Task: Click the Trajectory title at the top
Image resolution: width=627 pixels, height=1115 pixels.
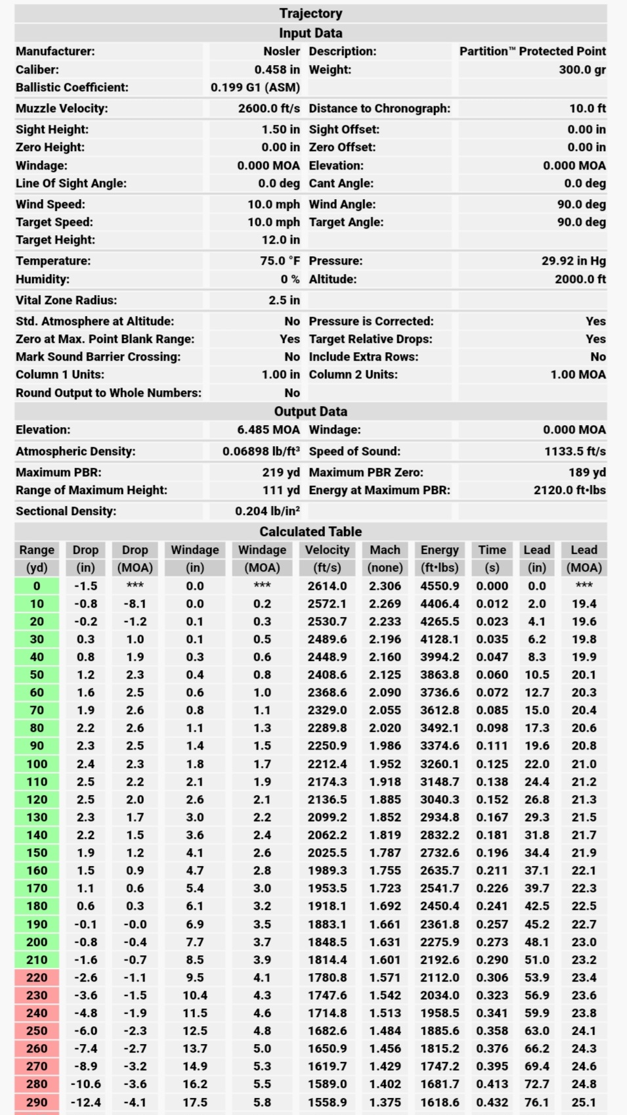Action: [x=311, y=13]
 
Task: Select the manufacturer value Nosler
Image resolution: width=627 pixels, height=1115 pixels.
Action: [x=282, y=51]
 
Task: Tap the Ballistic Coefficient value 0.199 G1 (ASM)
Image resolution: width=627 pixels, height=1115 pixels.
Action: [x=255, y=87]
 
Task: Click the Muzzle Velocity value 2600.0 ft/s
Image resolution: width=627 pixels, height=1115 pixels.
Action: [x=269, y=108]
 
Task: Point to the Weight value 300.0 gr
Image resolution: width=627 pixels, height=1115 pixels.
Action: [x=582, y=70]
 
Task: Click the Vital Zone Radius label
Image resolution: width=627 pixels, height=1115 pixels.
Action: [x=66, y=300]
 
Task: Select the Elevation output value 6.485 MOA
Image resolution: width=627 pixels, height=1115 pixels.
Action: [x=268, y=430]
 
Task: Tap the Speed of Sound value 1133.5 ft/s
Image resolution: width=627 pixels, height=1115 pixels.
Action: [x=574, y=451]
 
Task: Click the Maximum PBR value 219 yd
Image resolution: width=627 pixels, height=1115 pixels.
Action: [x=280, y=472]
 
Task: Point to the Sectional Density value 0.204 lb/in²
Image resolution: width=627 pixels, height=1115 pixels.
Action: [x=267, y=511]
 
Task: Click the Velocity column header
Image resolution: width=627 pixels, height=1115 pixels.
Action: [x=327, y=550]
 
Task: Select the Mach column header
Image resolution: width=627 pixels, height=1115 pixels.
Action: [x=385, y=550]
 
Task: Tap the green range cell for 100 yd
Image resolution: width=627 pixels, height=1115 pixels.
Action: [x=37, y=764]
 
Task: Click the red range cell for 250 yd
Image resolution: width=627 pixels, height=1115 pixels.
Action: [x=37, y=1031]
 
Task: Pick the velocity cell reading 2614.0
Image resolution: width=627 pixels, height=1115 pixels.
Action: [x=327, y=586]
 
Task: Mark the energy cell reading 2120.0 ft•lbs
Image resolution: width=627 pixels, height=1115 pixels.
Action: [x=569, y=490]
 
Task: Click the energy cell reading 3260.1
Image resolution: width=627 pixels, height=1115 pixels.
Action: [x=439, y=764]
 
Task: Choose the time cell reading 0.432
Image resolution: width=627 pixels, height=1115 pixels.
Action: [x=492, y=1103]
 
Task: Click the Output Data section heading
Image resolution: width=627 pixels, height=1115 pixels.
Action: [x=311, y=411]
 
